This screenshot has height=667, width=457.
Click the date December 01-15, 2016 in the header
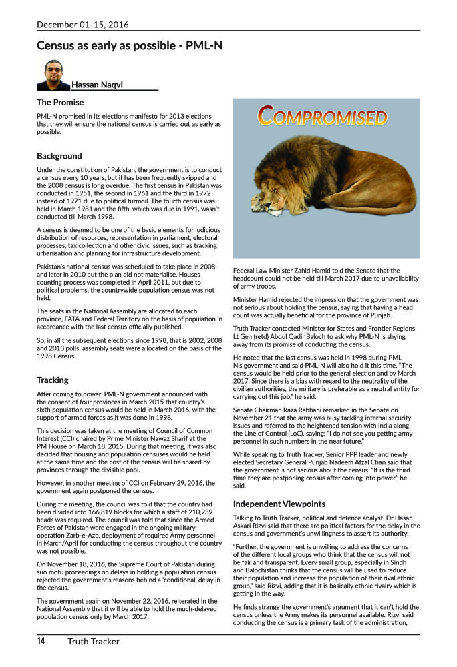click(x=83, y=25)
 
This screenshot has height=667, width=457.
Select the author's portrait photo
click(x=53, y=75)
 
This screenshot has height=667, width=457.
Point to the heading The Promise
click(x=60, y=103)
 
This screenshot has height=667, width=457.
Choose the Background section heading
click(x=59, y=156)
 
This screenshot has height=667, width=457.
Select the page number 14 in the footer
click(x=41, y=642)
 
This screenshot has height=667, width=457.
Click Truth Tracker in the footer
click(x=93, y=642)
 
